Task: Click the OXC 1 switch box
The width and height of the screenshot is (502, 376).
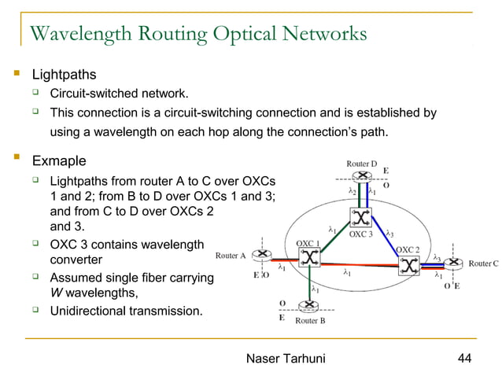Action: pyautogui.click(x=312, y=257)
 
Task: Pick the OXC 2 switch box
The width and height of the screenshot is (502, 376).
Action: pyautogui.click(x=408, y=265)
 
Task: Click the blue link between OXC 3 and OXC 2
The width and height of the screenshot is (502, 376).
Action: pyautogui.click(x=388, y=244)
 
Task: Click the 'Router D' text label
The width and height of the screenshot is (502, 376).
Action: pyautogui.click(x=361, y=164)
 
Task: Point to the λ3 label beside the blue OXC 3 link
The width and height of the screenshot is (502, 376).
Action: pyautogui.click(x=389, y=233)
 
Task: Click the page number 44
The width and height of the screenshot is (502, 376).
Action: pyautogui.click(x=463, y=359)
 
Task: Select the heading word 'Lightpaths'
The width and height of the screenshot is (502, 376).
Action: pyautogui.click(x=64, y=76)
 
